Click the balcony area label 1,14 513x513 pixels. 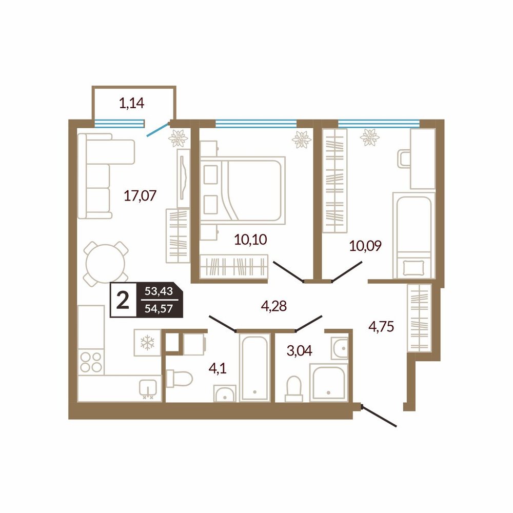(x=131, y=104)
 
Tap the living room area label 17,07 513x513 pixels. (x=140, y=195)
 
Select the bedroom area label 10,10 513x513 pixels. (x=251, y=240)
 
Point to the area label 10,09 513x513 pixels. (x=365, y=245)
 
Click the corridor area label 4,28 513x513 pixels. (x=274, y=306)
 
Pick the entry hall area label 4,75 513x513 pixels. (x=381, y=326)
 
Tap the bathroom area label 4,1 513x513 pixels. (x=218, y=369)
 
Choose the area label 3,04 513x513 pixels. (x=300, y=351)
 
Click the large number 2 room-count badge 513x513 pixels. (x=123, y=300)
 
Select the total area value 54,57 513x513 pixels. (x=159, y=308)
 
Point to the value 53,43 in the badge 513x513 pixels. (x=159, y=291)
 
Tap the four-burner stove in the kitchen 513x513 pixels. (x=91, y=362)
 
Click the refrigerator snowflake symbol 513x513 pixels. (x=147, y=343)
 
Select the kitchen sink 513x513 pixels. (x=148, y=388)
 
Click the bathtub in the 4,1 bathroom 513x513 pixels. (x=254, y=367)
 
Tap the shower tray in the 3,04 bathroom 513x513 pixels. (x=328, y=383)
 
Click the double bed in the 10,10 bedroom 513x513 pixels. (x=243, y=190)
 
